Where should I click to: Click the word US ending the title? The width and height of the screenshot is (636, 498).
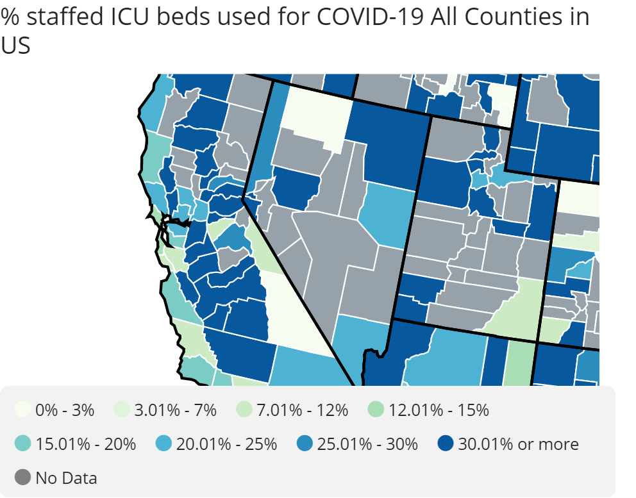click(15, 46)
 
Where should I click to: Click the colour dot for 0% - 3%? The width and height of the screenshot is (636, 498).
click(23, 410)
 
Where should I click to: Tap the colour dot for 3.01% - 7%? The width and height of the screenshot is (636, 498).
click(124, 410)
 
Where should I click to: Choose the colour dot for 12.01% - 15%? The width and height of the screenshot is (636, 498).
click(377, 410)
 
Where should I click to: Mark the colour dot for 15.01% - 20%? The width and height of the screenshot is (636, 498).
click(23, 444)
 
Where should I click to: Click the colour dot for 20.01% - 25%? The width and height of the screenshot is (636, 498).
click(164, 444)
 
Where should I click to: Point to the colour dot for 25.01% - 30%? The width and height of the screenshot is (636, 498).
click(305, 444)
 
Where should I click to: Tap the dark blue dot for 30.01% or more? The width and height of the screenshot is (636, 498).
click(446, 444)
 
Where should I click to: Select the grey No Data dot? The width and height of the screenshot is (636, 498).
click(23, 477)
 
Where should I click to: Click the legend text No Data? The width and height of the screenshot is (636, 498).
click(66, 477)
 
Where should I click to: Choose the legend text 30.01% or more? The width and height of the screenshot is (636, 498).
click(518, 444)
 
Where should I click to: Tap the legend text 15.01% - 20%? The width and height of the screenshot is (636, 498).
click(86, 444)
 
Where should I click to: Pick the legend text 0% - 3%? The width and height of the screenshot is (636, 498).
click(65, 410)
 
